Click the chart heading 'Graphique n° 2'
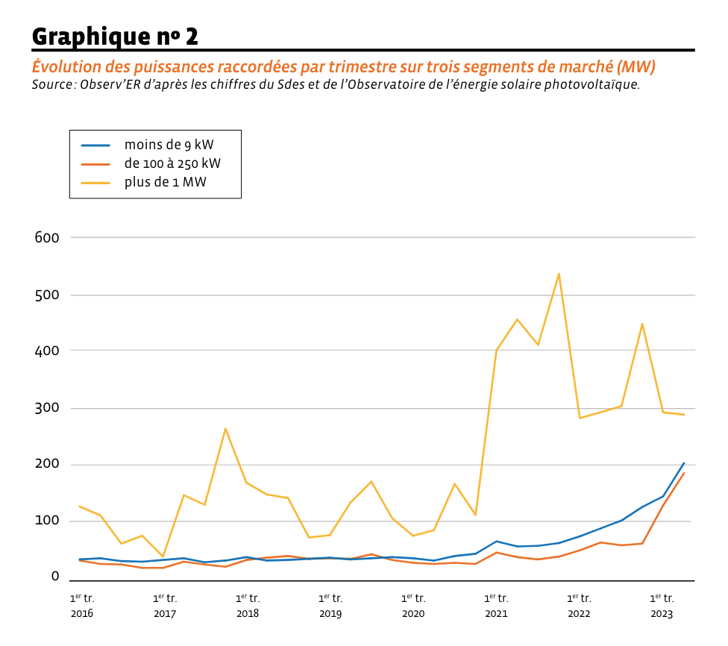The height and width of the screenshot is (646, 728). (x=115, y=35)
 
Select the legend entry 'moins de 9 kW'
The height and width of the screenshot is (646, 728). (x=172, y=145)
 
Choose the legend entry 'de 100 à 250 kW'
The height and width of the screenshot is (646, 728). (x=172, y=163)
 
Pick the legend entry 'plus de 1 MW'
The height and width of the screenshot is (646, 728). (x=166, y=182)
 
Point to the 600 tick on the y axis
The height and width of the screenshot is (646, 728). (x=46, y=237)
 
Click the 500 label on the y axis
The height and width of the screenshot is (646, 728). (x=46, y=295)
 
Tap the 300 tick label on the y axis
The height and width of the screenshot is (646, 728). (x=46, y=408)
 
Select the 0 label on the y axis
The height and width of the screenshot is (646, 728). (x=54, y=576)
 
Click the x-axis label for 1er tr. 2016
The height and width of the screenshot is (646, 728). (x=82, y=606)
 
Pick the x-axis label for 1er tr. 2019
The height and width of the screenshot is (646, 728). (x=330, y=606)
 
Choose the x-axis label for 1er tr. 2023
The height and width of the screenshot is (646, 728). (x=662, y=606)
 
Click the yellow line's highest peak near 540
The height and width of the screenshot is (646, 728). (x=559, y=274)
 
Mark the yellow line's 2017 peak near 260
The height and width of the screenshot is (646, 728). (x=225, y=428)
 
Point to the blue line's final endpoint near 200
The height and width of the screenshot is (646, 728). (x=684, y=462)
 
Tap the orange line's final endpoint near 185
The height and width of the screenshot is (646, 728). (x=684, y=473)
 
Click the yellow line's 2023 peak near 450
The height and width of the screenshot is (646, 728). (x=642, y=324)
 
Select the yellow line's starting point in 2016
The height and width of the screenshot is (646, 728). (x=79, y=506)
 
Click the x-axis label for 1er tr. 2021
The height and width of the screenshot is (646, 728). (x=496, y=606)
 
